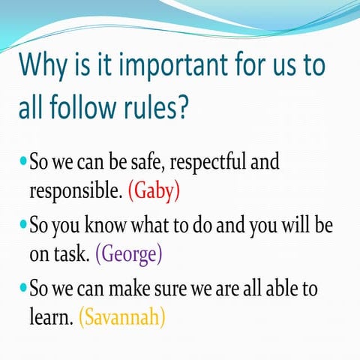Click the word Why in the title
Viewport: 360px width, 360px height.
coord(49,65)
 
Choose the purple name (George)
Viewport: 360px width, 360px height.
coord(129,254)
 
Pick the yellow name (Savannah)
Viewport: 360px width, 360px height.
coord(121,317)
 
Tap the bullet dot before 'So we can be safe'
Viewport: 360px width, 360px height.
coord(22,161)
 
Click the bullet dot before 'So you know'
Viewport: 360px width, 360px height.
coord(22,225)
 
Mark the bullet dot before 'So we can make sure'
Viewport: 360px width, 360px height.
coord(22,288)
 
